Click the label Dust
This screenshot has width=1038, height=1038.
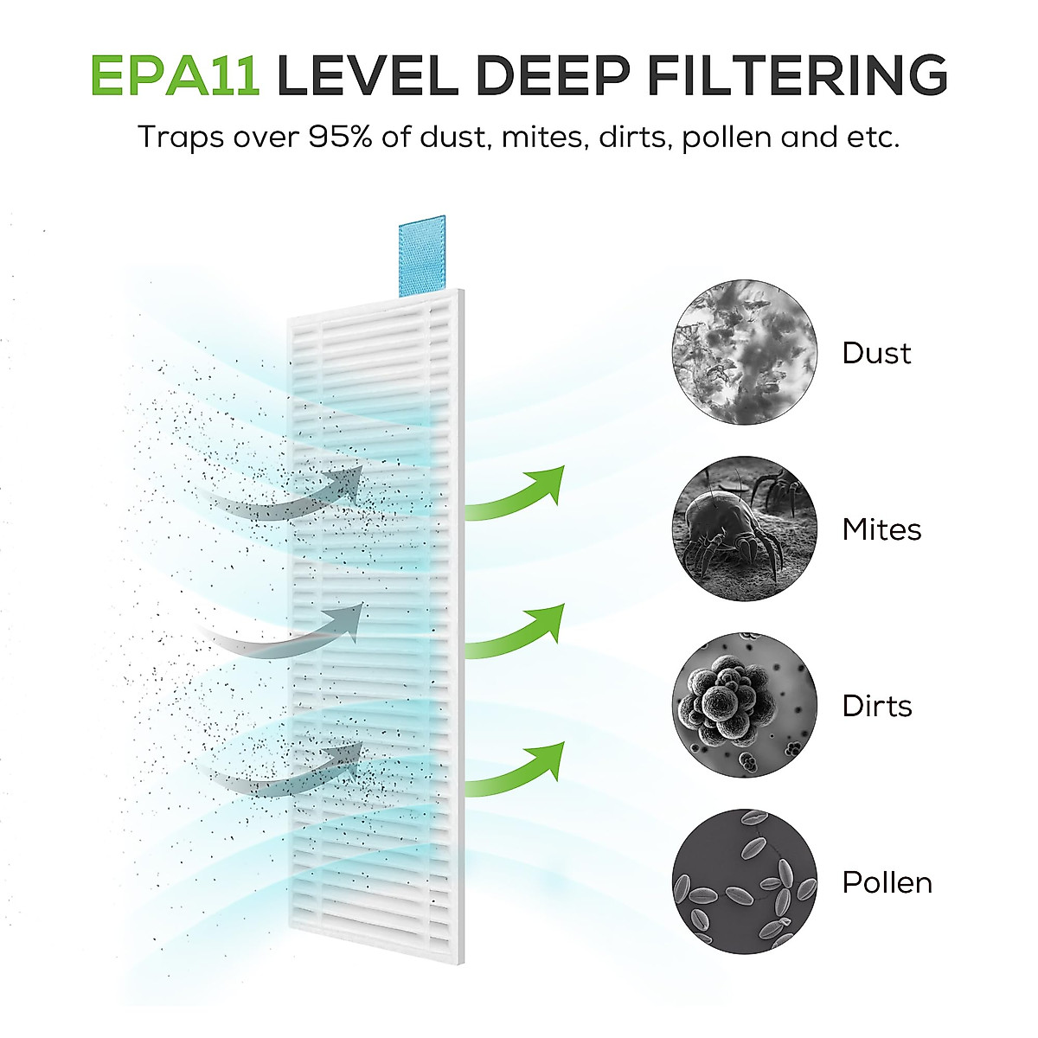tap(876, 353)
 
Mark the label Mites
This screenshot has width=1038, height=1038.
tap(881, 529)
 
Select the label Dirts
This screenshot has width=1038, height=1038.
tap(877, 706)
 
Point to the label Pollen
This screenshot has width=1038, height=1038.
tap(887, 882)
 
